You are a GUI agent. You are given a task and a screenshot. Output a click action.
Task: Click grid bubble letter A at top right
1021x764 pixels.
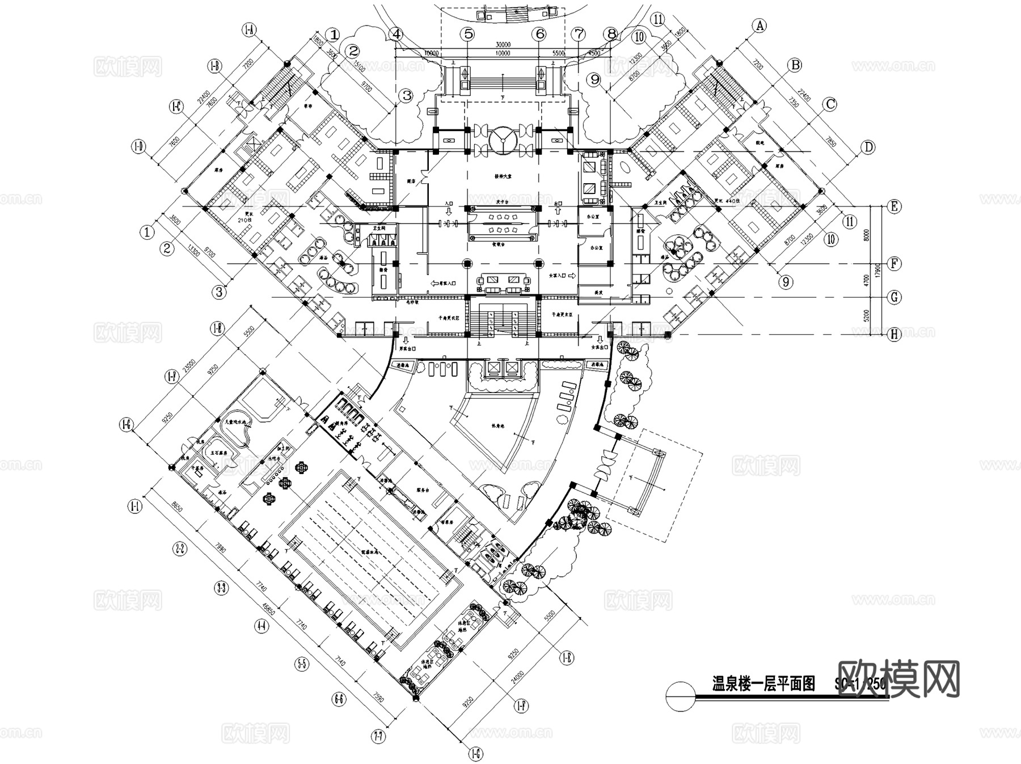pos(759,26)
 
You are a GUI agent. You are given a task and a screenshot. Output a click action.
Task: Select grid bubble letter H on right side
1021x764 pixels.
pos(894,335)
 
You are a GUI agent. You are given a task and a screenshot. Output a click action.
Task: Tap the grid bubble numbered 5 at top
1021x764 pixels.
pos(468,34)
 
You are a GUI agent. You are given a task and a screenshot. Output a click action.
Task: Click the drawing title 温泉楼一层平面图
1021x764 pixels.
pos(763,684)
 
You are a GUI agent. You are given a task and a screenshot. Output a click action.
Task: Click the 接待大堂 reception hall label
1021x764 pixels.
pos(503,176)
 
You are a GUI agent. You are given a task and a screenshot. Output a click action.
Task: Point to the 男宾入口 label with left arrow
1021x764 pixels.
pos(444,282)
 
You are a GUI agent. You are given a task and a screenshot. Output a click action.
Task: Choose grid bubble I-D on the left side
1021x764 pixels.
pos(138,147)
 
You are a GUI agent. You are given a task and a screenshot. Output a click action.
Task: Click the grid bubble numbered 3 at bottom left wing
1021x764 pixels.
pos(219,292)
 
